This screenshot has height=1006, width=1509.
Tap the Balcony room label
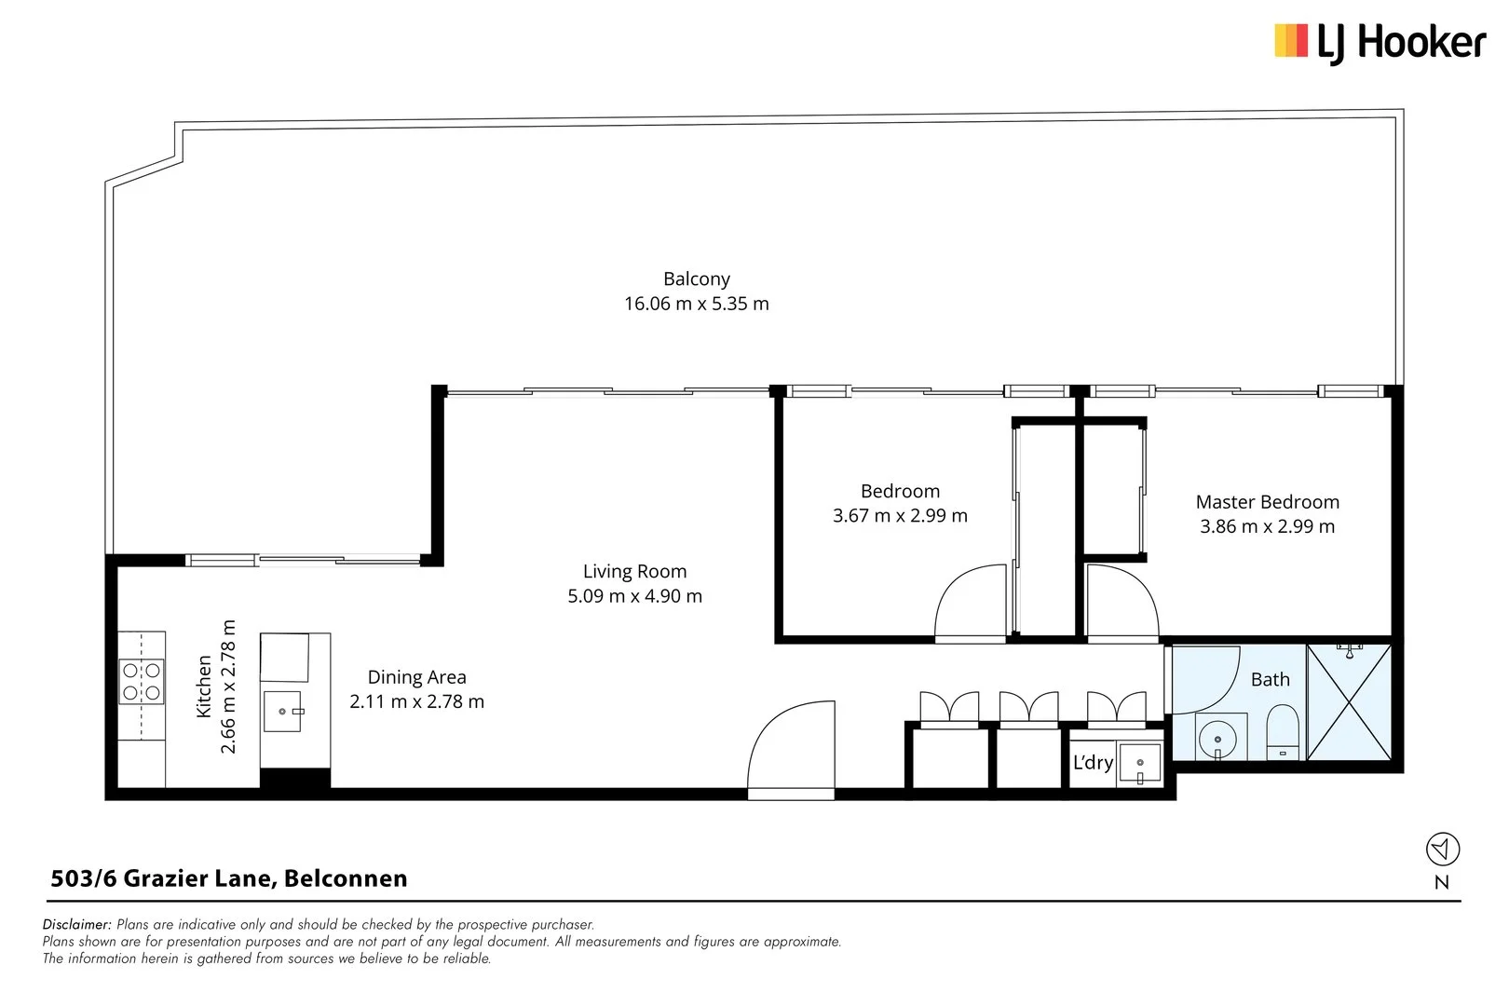click(x=696, y=279)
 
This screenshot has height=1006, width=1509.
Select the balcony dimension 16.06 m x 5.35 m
click(x=696, y=304)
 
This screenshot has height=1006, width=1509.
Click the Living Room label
click(x=634, y=571)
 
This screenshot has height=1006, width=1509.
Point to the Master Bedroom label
click(x=1267, y=502)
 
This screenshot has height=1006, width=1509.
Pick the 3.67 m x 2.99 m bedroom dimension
click(x=900, y=516)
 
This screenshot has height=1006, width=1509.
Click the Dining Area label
click(x=416, y=677)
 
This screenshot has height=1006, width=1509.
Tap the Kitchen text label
click(x=204, y=687)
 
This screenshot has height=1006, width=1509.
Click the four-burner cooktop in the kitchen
click(x=142, y=682)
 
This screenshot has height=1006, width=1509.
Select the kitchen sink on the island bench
click(x=283, y=711)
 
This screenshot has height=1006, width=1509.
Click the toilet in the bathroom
click(x=1283, y=731)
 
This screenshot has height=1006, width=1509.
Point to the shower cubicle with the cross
click(x=1349, y=700)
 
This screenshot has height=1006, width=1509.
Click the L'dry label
click(x=1093, y=763)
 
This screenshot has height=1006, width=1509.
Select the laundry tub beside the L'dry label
click(x=1140, y=765)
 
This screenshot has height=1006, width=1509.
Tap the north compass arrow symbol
click(x=1442, y=850)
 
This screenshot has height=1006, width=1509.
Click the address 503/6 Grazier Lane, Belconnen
click(x=229, y=878)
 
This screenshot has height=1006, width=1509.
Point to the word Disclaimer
click(x=77, y=925)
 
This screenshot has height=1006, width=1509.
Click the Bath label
click(x=1270, y=680)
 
